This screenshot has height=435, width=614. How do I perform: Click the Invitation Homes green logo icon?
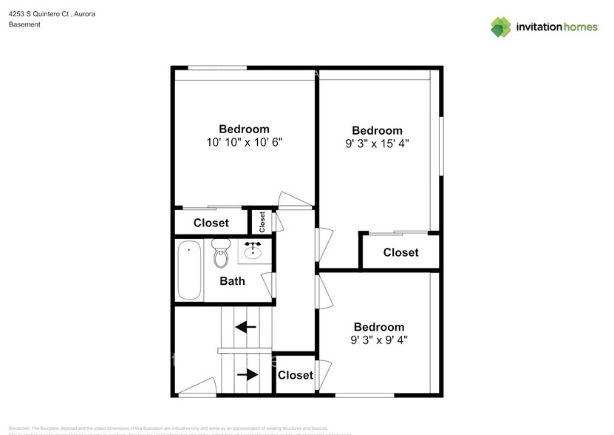tap(501, 27)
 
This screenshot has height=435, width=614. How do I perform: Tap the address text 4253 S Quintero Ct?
tap(40, 14)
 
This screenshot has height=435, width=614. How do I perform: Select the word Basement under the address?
tap(24, 24)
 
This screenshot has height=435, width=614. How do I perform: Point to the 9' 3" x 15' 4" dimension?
tap(377, 144)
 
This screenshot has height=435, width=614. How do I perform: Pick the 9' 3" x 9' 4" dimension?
tap(379, 340)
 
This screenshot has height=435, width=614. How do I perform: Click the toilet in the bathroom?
tap(221, 253)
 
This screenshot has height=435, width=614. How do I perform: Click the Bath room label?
tap(232, 281)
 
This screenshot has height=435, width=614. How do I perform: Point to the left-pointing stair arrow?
tap(246, 326)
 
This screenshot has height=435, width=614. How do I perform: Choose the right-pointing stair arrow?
tap(248, 374)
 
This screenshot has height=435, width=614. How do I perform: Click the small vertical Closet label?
tap(262, 221)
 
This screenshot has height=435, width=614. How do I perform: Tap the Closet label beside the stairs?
tap(296, 375)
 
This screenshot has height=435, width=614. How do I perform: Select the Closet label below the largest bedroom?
tap(400, 252)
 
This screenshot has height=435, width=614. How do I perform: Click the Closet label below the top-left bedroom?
tap(211, 223)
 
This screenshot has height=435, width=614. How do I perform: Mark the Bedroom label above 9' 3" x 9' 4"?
tap(379, 327)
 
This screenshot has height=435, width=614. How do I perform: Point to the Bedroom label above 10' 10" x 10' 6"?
tap(244, 129)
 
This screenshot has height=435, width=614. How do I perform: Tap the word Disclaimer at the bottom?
tap(19, 428)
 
